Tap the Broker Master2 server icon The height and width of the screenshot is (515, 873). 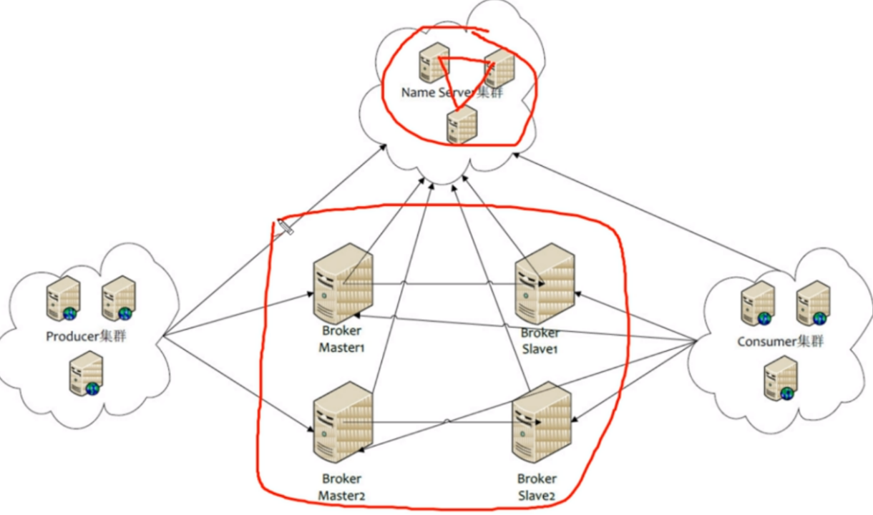click(343, 422)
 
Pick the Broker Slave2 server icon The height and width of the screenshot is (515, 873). click(542, 422)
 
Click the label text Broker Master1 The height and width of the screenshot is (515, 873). click(341, 339)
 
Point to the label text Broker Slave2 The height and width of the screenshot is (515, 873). click(537, 487)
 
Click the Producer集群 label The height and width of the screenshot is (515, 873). click(86, 336)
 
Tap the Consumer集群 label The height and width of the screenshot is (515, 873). click(780, 342)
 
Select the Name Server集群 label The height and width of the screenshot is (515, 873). click(452, 93)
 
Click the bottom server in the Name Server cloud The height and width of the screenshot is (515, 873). click(462, 124)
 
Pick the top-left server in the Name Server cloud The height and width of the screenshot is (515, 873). click(434, 63)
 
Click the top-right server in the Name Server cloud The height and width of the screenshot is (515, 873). click(499, 69)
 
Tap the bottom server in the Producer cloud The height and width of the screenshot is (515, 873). click(87, 373)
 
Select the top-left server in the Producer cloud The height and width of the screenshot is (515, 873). click(64, 298)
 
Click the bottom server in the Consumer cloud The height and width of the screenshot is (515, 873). click(781, 378)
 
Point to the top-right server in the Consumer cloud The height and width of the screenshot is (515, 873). click(814, 303)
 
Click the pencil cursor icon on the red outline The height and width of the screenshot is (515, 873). click(286, 227)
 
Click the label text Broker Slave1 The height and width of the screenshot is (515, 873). click(540, 341)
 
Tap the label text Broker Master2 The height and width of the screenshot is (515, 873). click(341, 487)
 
